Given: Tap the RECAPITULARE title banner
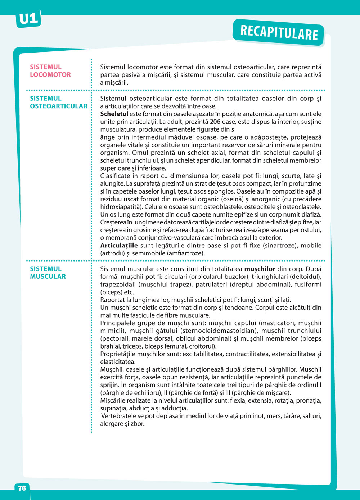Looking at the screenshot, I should coord(279,33).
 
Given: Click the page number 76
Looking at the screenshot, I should coord(22,488).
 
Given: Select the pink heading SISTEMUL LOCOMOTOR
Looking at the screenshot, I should coord(50,71).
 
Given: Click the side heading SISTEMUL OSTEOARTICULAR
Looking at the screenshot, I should coord(58,102).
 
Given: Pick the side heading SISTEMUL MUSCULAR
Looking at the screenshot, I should coord(48,273).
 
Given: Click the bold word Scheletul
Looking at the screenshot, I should coord(114,114).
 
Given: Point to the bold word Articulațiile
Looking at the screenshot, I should coord(119,246).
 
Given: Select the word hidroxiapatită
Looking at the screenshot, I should coord(121,207).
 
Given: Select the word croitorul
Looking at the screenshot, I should coord(202,346).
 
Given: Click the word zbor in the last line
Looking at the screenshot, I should coord(138,424).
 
